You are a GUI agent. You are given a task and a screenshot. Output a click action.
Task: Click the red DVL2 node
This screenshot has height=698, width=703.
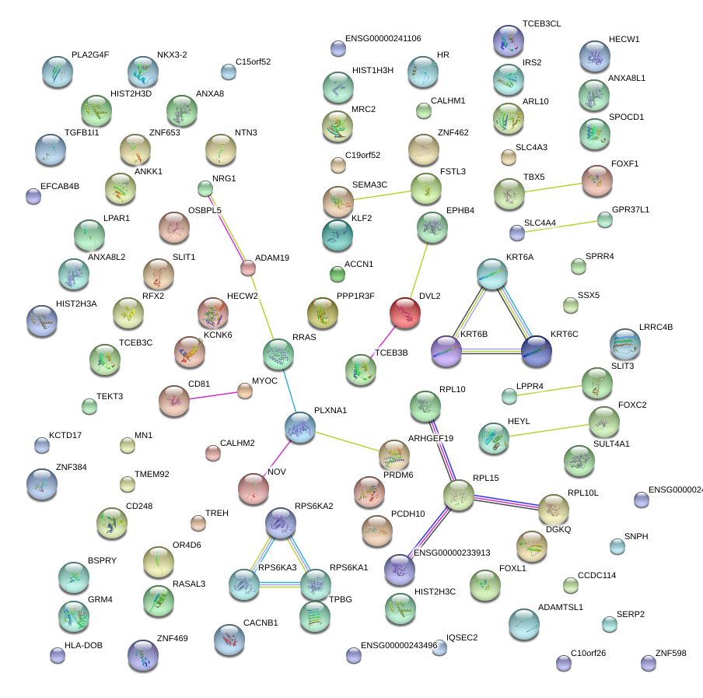pyautogui.click(x=404, y=313)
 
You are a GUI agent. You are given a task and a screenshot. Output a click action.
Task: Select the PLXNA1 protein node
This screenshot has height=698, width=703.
pyautogui.click(x=299, y=428)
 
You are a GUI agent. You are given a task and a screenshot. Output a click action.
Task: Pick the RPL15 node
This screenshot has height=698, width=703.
pyautogui.click(x=459, y=496)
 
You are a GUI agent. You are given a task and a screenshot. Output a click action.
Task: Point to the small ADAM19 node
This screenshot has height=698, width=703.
pyautogui.click(x=248, y=268)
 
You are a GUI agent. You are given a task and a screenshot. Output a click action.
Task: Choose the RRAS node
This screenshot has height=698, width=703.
pyautogui.click(x=278, y=354)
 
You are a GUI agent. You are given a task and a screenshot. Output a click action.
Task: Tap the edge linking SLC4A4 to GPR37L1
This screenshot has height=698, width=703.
pyautogui.click(x=561, y=226)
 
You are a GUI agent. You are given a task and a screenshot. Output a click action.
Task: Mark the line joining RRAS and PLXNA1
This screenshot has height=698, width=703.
pyautogui.click(x=289, y=390)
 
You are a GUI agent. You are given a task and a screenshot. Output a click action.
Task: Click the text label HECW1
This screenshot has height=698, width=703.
pyautogui.click(x=624, y=40)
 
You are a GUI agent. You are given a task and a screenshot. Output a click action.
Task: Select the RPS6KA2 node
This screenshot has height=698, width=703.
pyautogui.click(x=280, y=524)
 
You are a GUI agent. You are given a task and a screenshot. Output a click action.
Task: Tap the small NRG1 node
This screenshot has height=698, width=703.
pyautogui.click(x=205, y=188)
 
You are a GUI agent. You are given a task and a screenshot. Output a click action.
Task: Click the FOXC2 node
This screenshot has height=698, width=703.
pyautogui.click(x=604, y=421)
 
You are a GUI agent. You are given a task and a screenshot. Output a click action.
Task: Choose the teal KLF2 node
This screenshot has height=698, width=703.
pyautogui.click(x=338, y=235)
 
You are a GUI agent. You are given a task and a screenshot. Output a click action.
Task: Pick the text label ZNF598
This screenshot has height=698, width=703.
pyautogui.click(x=670, y=653)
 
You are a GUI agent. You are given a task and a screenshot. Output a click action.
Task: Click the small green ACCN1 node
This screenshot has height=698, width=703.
pyautogui.click(x=337, y=273)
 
